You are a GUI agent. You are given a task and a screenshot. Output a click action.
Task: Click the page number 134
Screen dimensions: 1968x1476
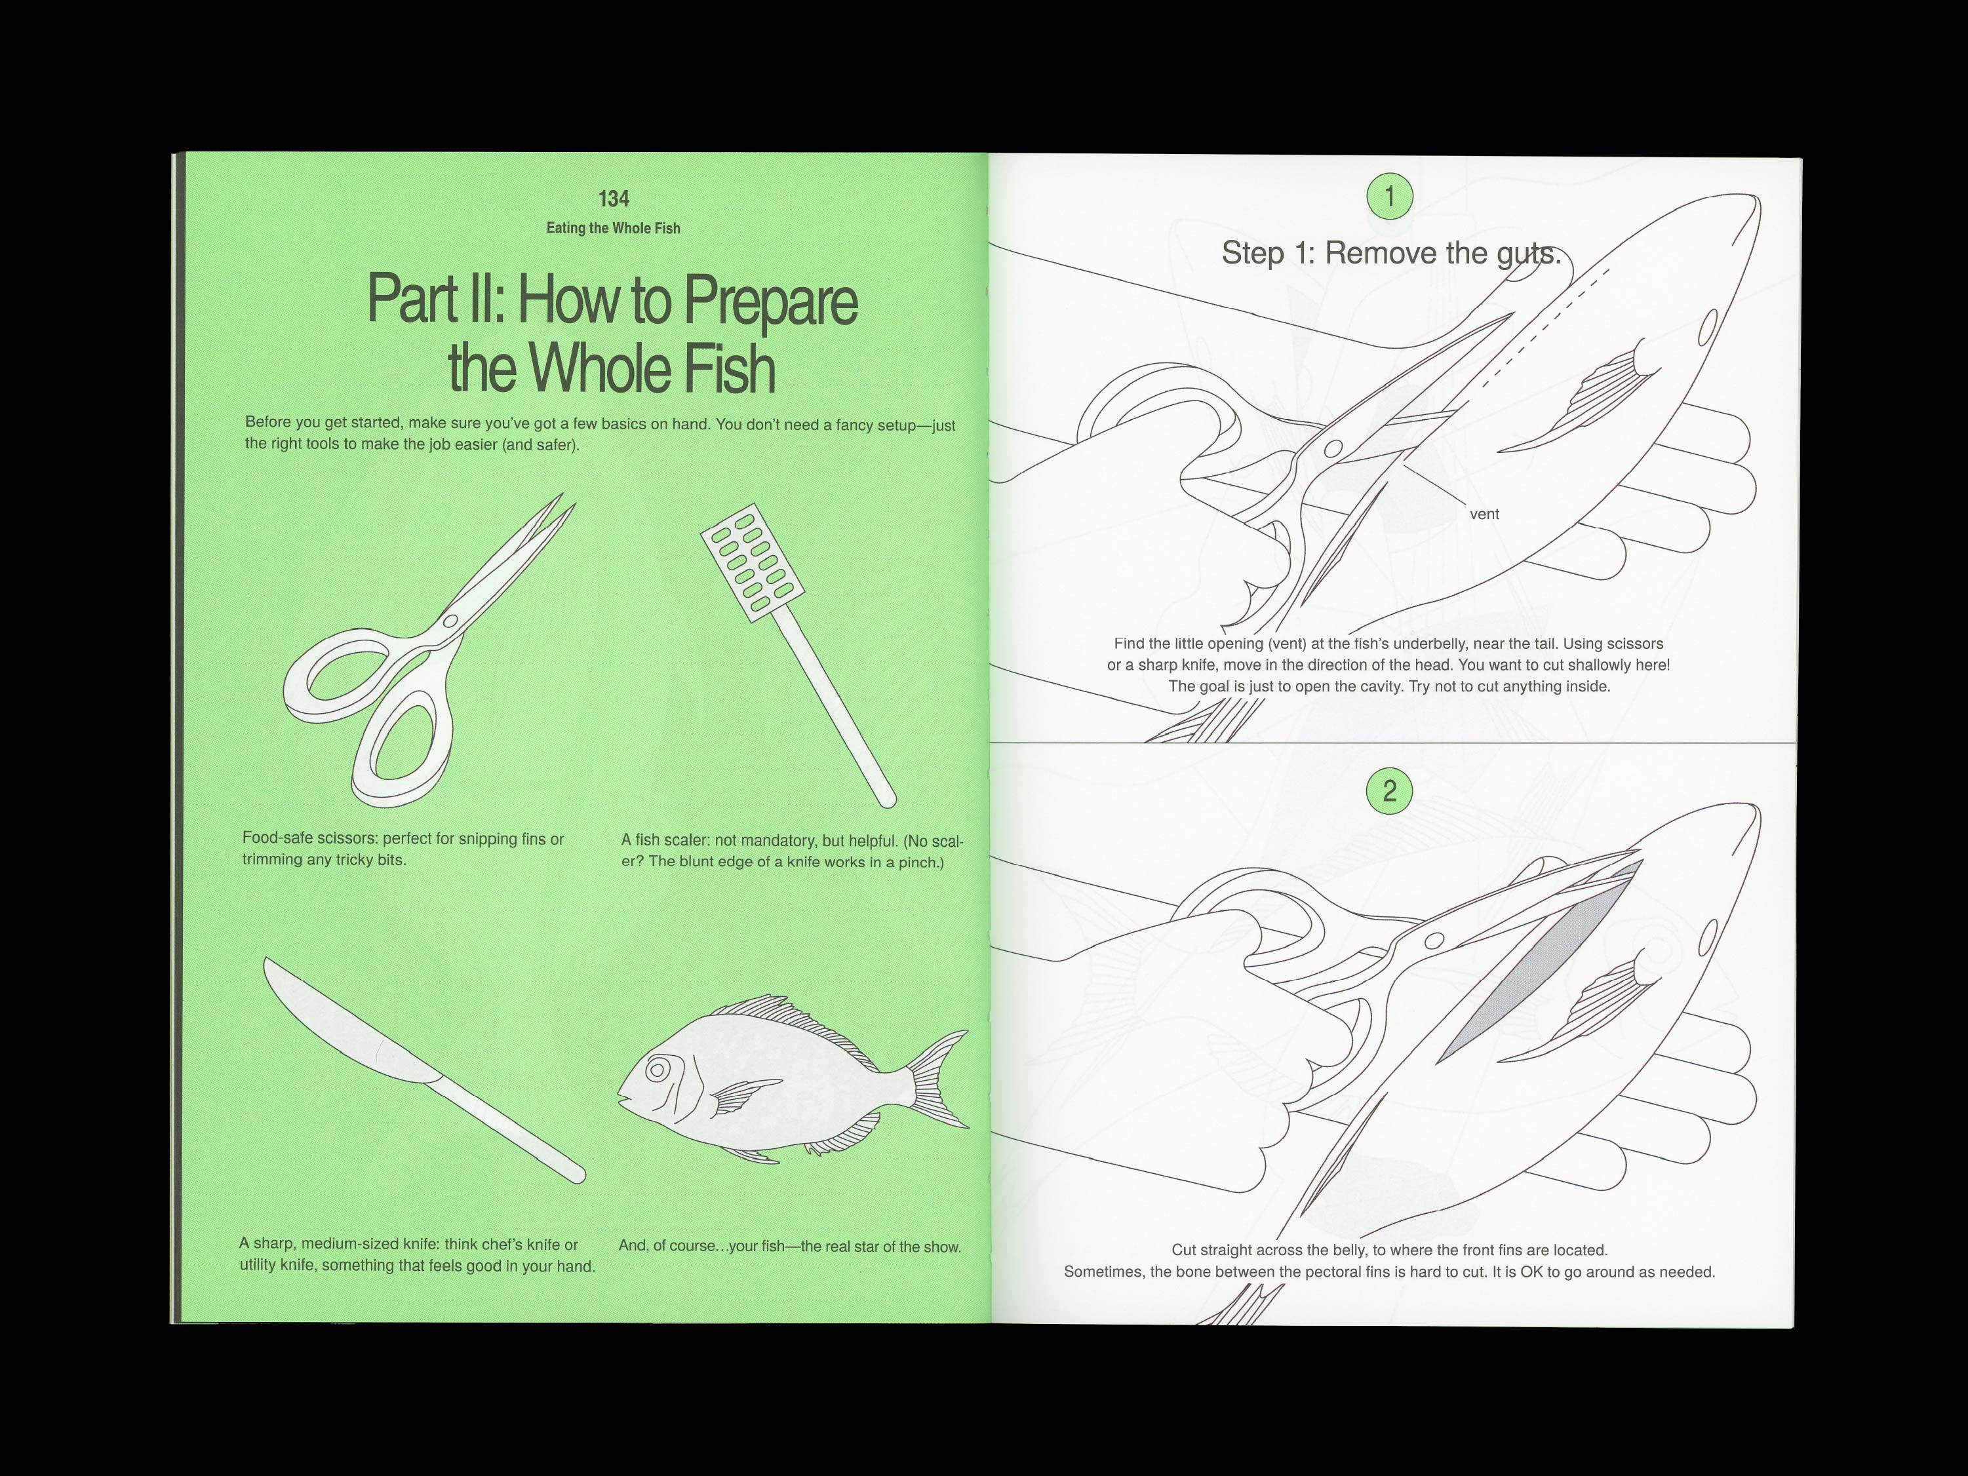click(x=613, y=199)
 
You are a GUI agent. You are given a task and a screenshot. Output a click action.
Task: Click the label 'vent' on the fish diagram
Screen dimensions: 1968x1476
click(x=1484, y=515)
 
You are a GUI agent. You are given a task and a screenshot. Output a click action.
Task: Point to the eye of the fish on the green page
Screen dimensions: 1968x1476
click(x=658, y=1070)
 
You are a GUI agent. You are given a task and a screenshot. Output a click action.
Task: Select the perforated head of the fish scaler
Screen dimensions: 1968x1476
click(x=753, y=563)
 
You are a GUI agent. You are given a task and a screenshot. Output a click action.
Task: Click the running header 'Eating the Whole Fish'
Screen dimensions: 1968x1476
click(x=613, y=229)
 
